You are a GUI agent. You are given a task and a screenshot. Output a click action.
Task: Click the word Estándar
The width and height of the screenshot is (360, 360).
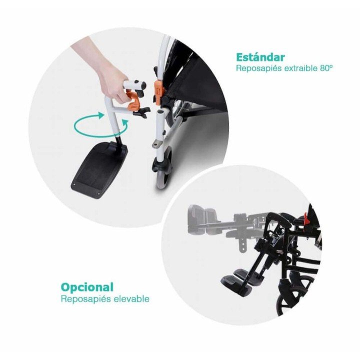[x=260, y=57]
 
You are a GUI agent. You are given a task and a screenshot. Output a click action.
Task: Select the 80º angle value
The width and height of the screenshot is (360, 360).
[x=325, y=68]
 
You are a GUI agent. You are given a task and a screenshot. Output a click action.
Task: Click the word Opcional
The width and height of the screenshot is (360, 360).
[x=87, y=287]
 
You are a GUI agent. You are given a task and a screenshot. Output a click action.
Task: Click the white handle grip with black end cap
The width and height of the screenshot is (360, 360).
[x=134, y=85]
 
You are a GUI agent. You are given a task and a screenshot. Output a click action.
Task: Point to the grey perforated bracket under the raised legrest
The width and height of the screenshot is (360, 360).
[x=241, y=244]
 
